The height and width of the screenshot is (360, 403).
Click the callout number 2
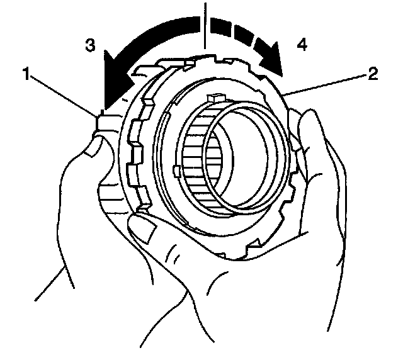coord(372,74)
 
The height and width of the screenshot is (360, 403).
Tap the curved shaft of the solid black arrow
coord(157,35)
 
